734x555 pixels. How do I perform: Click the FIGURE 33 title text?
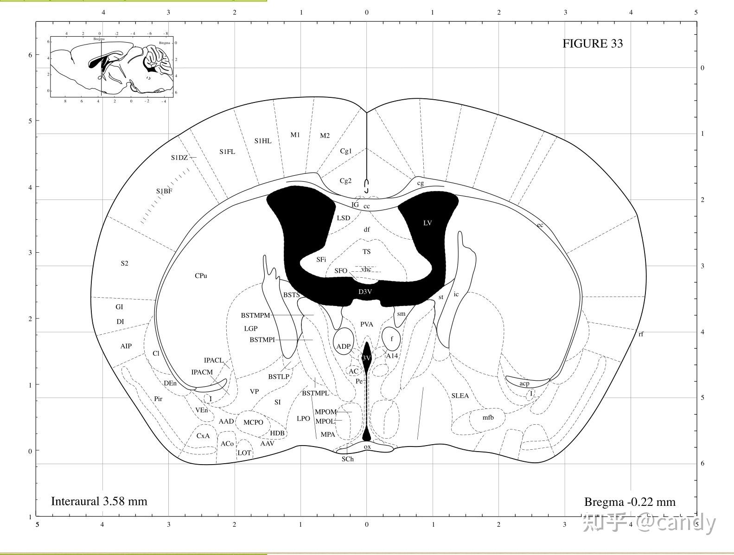[x=592, y=44]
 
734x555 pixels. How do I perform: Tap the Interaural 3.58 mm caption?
[x=99, y=501]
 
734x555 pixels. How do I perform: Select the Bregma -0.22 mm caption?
[x=629, y=502]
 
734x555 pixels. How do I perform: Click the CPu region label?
[x=201, y=276]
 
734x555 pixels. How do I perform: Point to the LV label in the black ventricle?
[x=428, y=223]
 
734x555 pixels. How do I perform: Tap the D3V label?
[x=365, y=292]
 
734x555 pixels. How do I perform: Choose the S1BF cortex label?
[x=164, y=191]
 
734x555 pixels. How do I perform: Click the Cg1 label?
[x=346, y=151]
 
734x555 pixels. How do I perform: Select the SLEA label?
[x=460, y=396]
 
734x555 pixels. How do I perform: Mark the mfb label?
[x=488, y=417]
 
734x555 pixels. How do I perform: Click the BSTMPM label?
[x=255, y=316]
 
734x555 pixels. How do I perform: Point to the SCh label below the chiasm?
[x=347, y=459]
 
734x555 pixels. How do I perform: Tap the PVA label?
[x=366, y=325]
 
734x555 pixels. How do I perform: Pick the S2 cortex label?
[x=124, y=263]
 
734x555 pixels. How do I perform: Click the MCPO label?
[x=253, y=422]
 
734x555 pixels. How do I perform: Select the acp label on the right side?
[x=524, y=383]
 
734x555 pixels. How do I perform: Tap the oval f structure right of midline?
[x=391, y=339]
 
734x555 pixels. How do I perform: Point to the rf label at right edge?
[x=641, y=334]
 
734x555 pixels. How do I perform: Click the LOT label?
[x=244, y=453]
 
